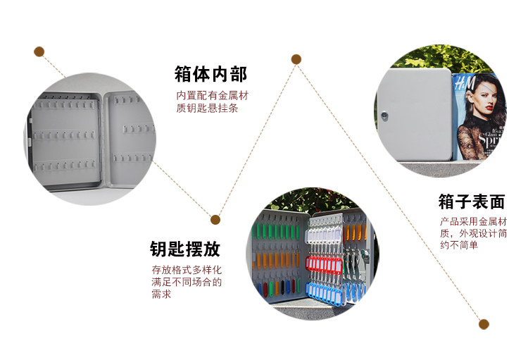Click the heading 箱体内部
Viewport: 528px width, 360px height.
coord(210,74)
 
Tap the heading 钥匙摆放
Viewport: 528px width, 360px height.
coord(184,249)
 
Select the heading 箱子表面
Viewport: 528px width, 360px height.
coord(471,202)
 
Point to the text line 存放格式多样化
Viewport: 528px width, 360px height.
coord(186,270)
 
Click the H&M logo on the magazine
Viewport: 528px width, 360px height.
coord(465,86)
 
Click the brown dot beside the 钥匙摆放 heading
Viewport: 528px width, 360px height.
coord(215,220)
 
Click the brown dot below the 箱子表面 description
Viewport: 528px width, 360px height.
coord(484,324)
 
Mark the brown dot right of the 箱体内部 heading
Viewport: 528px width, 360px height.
coord(296,59)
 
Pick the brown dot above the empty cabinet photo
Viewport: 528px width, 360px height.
coord(39,51)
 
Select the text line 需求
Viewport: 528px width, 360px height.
coord(161,294)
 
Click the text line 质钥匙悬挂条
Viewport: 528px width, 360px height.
coord(207,108)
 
